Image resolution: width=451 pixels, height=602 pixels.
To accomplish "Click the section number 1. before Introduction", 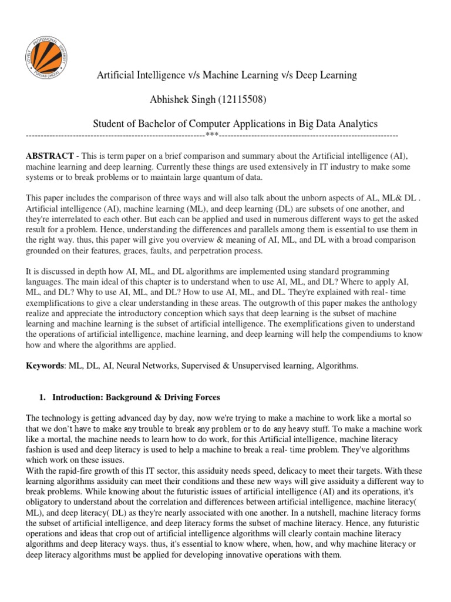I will coord(42,397).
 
